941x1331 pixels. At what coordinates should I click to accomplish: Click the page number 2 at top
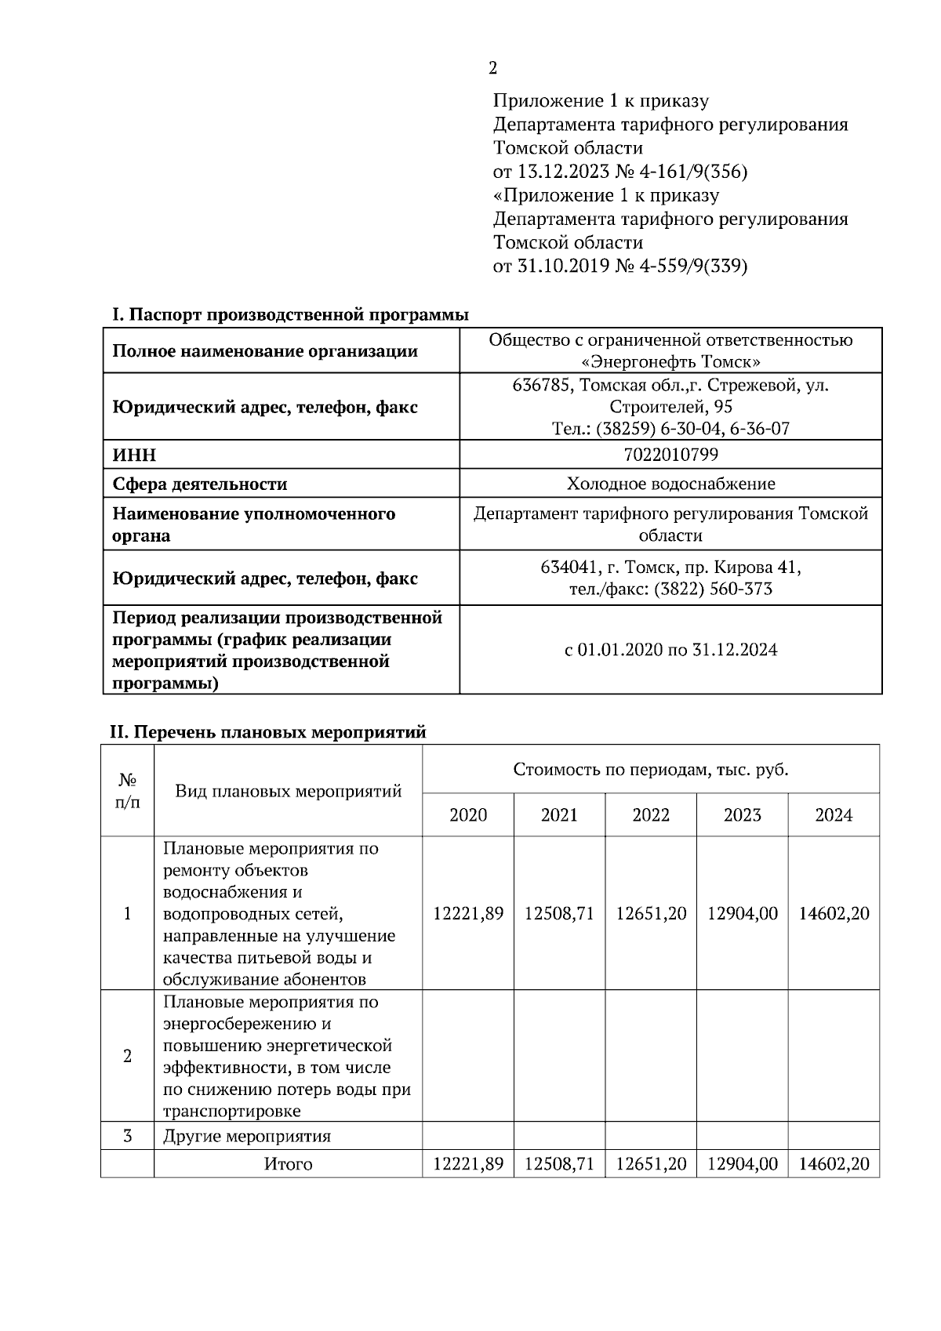tap(492, 68)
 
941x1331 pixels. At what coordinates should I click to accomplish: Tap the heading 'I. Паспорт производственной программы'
tap(290, 315)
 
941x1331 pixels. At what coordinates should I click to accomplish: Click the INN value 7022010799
tap(670, 455)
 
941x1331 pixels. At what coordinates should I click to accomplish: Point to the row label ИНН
tap(135, 455)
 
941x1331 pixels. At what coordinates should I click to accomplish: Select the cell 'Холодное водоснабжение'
tap(670, 484)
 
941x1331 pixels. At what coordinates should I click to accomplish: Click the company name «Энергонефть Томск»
tap(670, 362)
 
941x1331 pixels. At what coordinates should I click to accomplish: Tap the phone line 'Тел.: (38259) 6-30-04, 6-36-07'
tap(670, 429)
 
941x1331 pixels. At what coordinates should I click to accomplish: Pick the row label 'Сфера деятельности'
tap(200, 484)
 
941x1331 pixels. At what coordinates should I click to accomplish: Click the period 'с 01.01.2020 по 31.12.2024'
tap(670, 650)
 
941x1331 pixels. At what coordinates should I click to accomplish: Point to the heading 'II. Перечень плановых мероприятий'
tap(267, 733)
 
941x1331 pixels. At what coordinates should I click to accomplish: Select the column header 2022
tap(651, 815)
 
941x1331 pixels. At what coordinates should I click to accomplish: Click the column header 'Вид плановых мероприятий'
tap(288, 791)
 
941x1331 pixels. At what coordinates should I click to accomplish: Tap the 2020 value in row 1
tap(468, 914)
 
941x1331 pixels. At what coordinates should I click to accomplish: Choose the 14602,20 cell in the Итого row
tap(834, 1164)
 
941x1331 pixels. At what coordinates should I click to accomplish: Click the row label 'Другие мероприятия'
tap(247, 1137)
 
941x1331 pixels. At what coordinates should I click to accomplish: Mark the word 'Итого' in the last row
tap(288, 1165)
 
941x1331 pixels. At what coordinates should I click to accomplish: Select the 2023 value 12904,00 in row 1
tap(743, 914)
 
